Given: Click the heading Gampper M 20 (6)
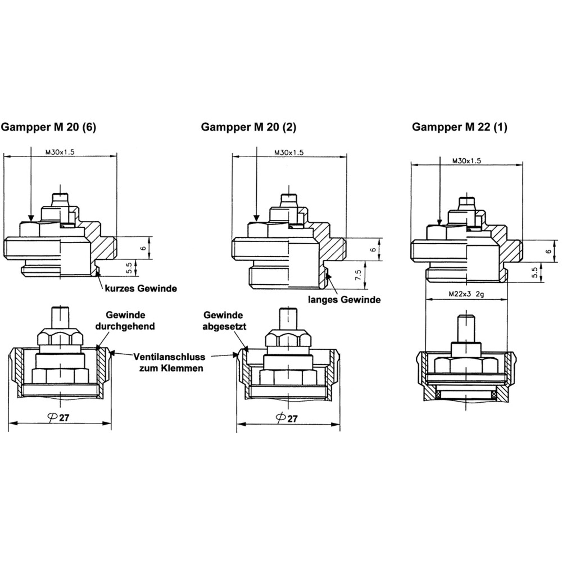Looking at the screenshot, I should pos(49,127).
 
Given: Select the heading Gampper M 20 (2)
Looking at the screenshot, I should pos(249,127).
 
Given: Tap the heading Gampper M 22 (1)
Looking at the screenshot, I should pos(460,127).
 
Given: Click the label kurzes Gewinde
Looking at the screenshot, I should pos(141,289).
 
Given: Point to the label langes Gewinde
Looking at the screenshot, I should pos(345,300).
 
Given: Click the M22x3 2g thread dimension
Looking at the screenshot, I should pos(466,294).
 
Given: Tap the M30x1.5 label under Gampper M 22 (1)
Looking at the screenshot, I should pos(467,161).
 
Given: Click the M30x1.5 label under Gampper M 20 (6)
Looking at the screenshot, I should pos(60,152).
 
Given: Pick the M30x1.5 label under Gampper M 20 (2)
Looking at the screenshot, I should pos(289,153).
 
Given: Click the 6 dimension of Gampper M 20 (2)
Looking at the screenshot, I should pos(373,250).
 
